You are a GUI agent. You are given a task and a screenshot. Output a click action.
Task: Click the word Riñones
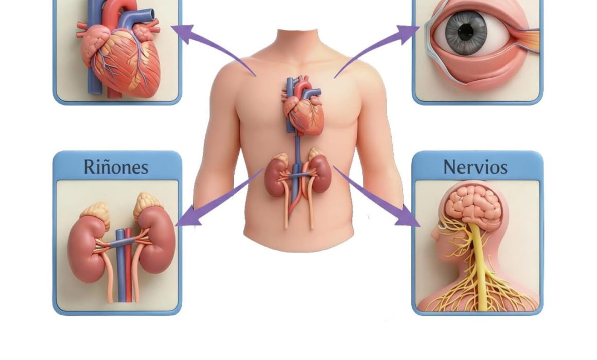(116, 167)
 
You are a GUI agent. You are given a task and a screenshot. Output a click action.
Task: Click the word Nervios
(476, 167)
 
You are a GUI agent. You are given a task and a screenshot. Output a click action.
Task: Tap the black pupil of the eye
(465, 31)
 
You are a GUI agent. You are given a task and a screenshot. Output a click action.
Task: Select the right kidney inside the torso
(319, 173)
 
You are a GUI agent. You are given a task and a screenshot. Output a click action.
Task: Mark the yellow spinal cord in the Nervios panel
(480, 266)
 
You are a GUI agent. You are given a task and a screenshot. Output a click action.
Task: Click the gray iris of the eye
(466, 31)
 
